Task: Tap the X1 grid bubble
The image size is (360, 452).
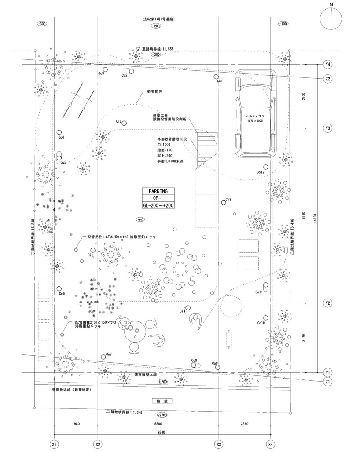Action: pos(54,445)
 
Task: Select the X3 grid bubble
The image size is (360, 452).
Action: pos(219,445)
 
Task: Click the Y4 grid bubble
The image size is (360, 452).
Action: pos(327,65)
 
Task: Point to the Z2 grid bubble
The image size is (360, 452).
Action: pos(327,79)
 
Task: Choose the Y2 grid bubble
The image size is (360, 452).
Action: pos(327,303)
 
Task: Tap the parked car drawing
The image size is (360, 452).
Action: pos(255,114)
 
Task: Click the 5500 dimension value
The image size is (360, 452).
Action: pos(158,424)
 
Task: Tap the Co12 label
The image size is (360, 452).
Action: pos(260,172)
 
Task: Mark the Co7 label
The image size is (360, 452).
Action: pos(109,354)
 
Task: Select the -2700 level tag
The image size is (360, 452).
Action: pos(162,415)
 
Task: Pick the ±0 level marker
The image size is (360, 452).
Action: pos(141,219)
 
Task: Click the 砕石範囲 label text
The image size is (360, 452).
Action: pos(155,93)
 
